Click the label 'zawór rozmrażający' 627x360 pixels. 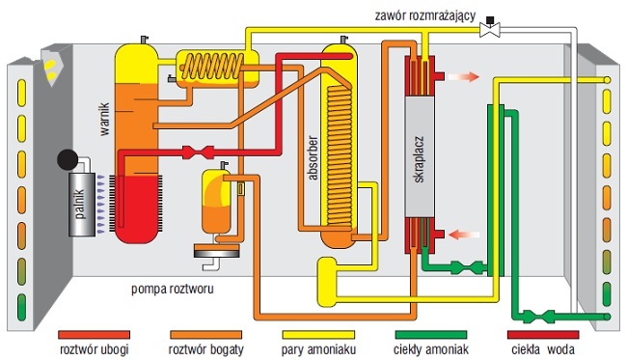[425, 15]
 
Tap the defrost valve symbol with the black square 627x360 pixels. [490, 27]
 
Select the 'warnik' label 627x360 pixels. [104, 120]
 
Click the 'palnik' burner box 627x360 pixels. [82, 205]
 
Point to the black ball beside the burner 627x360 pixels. [68, 159]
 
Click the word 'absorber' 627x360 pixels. [313, 158]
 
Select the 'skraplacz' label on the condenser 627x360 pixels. [419, 159]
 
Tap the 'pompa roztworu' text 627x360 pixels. [173, 289]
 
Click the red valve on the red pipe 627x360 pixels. [198, 152]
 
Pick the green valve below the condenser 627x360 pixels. [468, 267]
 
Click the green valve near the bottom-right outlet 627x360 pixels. [538, 317]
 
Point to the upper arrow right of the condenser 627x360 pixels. [463, 76]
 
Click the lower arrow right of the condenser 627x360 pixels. [464, 235]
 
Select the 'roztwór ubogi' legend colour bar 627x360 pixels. [94, 334]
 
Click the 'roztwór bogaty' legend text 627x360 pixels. [205, 349]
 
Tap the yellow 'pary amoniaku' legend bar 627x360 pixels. [318, 334]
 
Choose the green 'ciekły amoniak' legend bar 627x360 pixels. [430, 334]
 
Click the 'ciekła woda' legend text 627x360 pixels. [543, 349]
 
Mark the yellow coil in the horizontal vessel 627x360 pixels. [212, 67]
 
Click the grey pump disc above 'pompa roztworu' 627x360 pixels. [217, 251]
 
